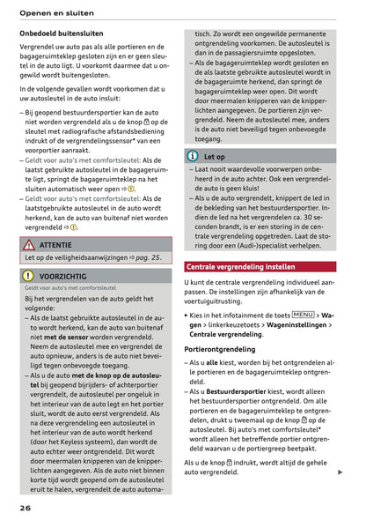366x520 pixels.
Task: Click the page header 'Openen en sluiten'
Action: pyautogui.click(x=58, y=11)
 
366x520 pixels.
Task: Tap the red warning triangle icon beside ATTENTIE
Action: pyautogui.click(x=29, y=244)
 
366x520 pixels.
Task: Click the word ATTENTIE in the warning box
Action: pyautogui.click(x=55, y=244)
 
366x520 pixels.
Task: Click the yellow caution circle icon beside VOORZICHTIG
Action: pyautogui.click(x=29, y=275)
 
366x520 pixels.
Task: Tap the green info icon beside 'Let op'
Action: pyautogui.click(x=193, y=155)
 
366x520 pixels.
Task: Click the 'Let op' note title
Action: pyautogui.click(x=215, y=155)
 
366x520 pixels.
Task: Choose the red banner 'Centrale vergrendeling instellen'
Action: pyautogui.click(x=240, y=266)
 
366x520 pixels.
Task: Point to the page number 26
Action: pyautogui.click(x=27, y=509)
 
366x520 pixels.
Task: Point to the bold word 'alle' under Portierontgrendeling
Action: pyautogui.click(x=211, y=362)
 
